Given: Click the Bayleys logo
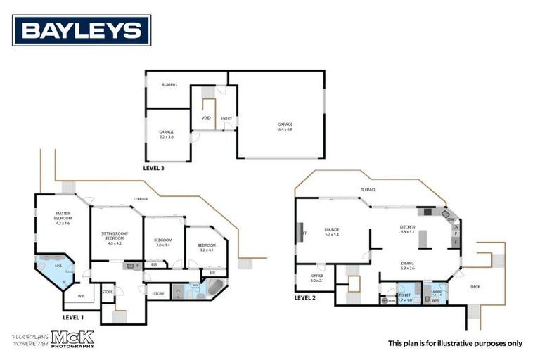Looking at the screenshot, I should coord(82,30).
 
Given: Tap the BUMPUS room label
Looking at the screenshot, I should coord(169,85).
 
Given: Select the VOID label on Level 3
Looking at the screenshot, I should coord(206,117).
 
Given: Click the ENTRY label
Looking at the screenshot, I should coord(226,118).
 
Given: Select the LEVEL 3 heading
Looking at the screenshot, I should coord(155,169).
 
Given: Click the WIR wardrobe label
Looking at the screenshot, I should coord(81,296).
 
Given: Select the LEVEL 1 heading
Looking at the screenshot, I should coord(73,317).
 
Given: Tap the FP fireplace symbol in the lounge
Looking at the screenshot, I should coord(304,232).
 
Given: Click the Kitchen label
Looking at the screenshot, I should coord(407,229).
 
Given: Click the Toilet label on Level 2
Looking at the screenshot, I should coord(404,297).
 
